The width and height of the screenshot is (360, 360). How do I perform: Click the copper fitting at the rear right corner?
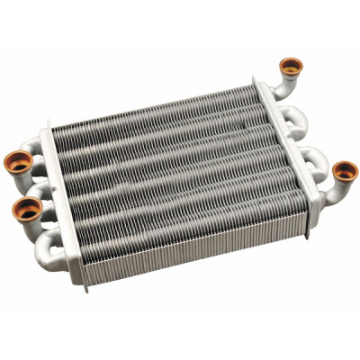(x=291, y=66)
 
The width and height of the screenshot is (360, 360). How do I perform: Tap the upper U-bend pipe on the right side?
(x=296, y=117)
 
